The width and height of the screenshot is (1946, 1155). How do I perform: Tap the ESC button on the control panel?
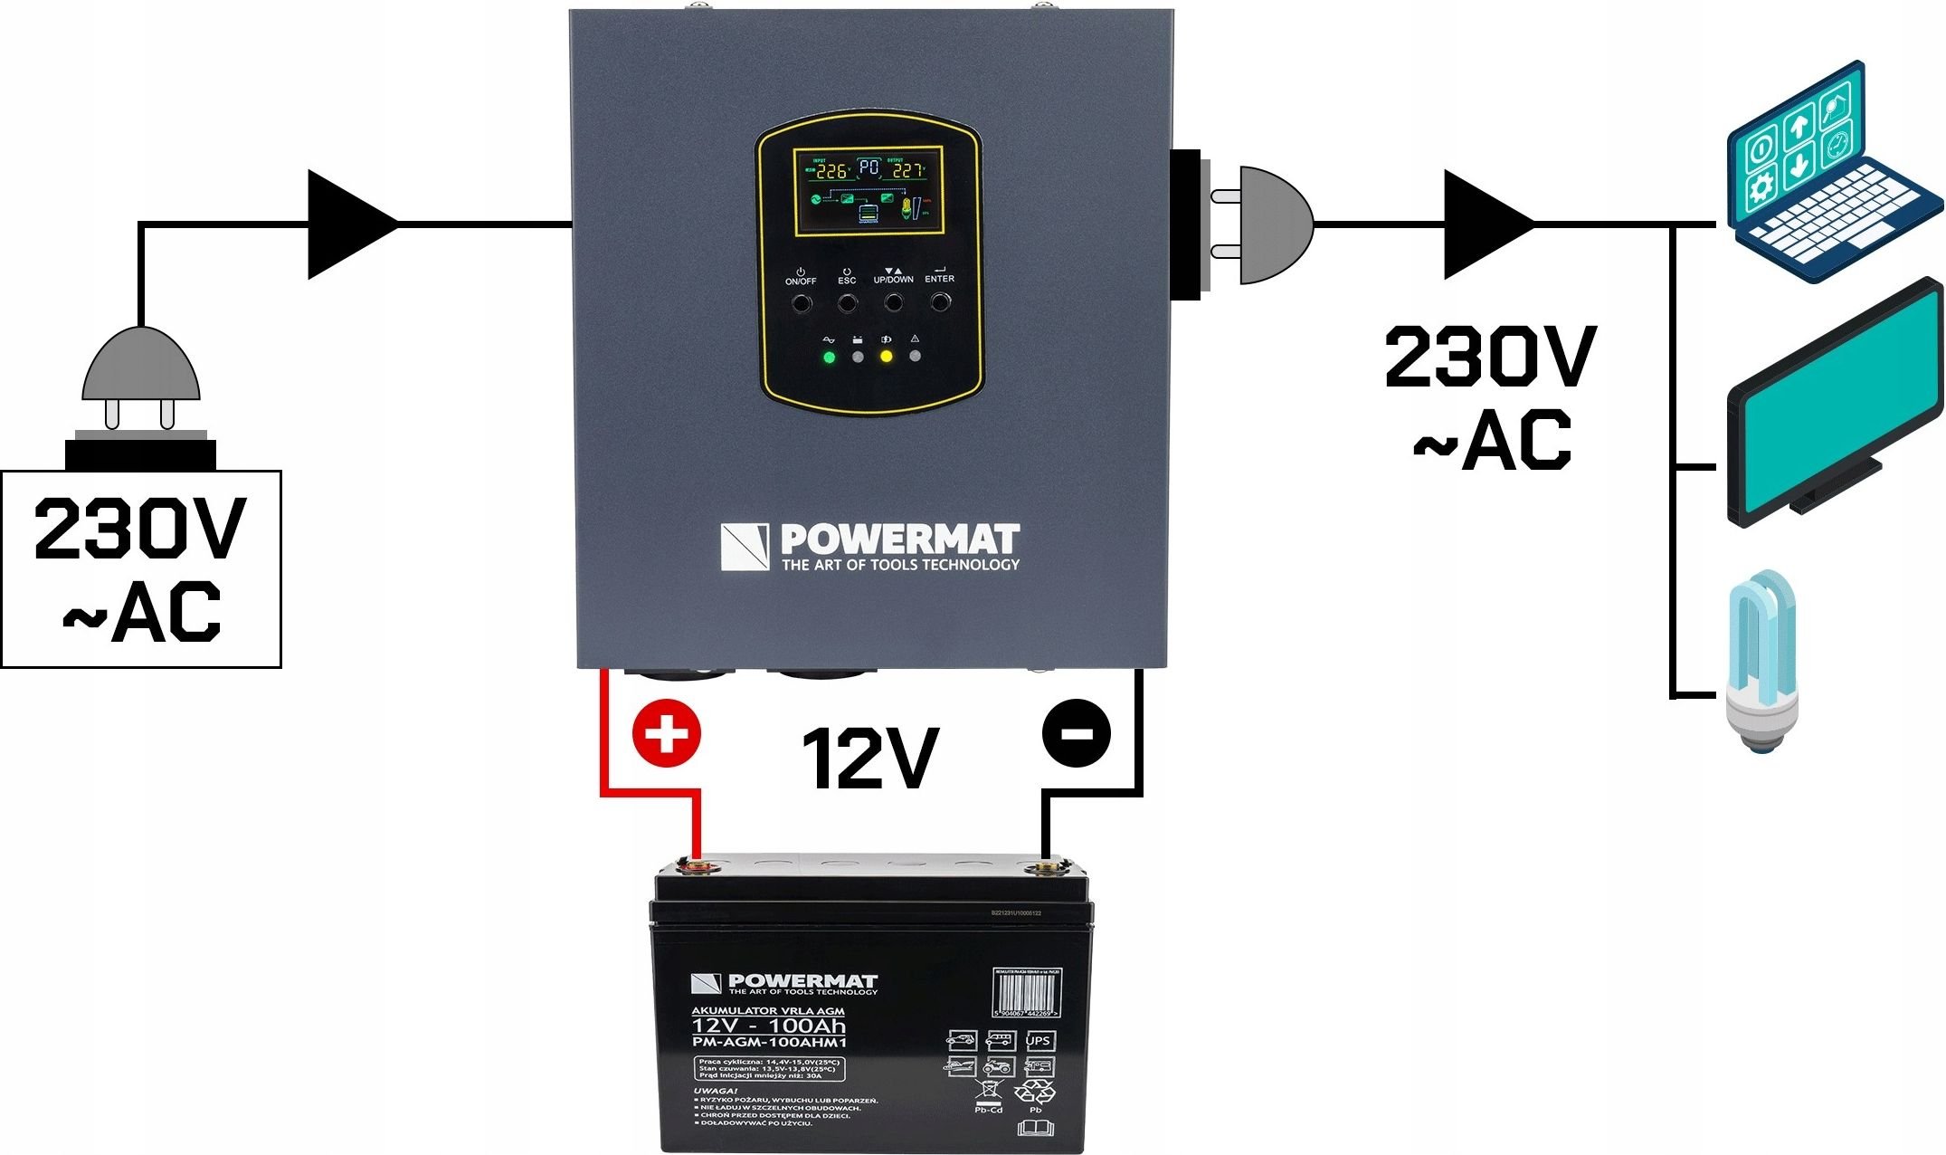847,301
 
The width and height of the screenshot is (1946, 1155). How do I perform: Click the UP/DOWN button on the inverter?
893,301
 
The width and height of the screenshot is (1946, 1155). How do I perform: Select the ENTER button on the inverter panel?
940,301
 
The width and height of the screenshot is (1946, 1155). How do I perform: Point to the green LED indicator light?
829,357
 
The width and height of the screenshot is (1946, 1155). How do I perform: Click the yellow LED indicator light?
887,357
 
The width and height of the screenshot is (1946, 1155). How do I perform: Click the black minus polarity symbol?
1076,733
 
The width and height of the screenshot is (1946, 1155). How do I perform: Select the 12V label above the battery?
870,759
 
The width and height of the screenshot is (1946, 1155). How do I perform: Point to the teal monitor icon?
1832,407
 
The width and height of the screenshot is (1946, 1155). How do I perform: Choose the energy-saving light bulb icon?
1761,661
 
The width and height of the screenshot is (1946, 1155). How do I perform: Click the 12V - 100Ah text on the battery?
768,1026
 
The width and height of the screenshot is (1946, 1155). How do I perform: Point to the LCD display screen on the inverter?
869,190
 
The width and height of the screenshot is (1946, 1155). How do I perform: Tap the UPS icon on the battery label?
1038,1041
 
